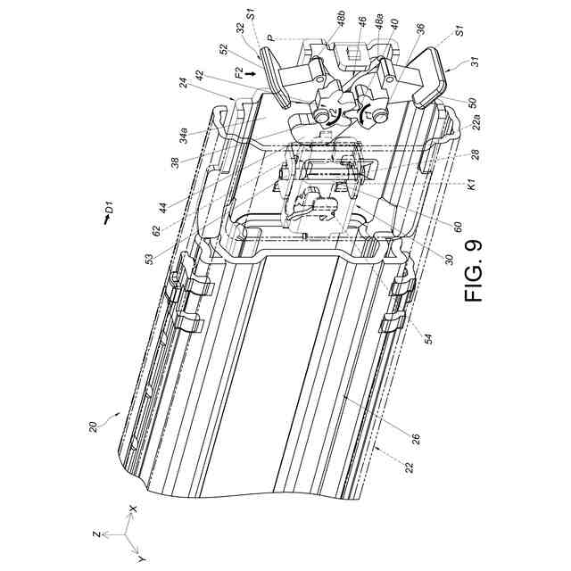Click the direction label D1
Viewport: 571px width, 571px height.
(106, 211)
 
